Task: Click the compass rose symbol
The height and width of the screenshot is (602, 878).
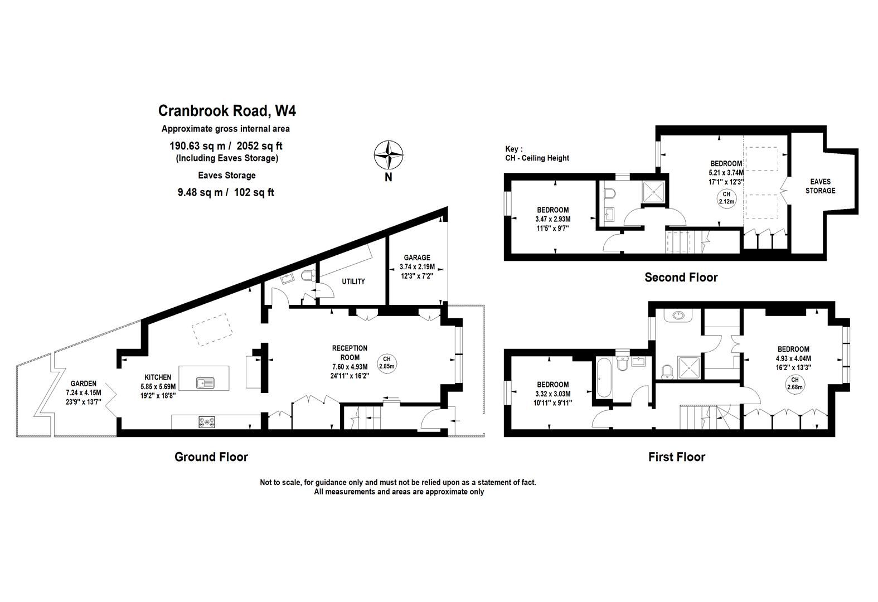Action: point(388,154)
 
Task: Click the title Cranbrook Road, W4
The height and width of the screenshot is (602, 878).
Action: point(227,110)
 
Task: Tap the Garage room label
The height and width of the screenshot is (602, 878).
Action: point(416,258)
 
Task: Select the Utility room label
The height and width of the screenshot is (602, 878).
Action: point(353,281)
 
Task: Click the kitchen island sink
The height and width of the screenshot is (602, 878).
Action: point(205,383)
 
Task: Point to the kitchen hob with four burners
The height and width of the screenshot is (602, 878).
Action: point(206,423)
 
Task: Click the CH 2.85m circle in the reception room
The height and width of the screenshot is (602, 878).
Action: point(386,362)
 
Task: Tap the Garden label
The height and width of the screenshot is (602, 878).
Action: point(84,383)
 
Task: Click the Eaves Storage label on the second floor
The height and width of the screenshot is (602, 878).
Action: point(820,186)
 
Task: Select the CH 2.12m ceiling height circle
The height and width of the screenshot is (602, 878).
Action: point(726,198)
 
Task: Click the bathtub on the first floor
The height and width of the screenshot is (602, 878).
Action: point(604,378)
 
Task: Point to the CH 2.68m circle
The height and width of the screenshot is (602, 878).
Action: point(794,383)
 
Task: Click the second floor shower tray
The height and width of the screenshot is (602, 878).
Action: point(654,192)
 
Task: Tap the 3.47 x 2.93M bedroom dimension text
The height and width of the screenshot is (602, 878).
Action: point(552,219)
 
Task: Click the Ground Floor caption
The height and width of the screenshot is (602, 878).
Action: point(211,457)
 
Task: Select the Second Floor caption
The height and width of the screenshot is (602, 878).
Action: point(681,277)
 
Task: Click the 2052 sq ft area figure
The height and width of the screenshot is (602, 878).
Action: point(259,146)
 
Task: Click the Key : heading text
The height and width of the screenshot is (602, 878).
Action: point(514,149)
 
